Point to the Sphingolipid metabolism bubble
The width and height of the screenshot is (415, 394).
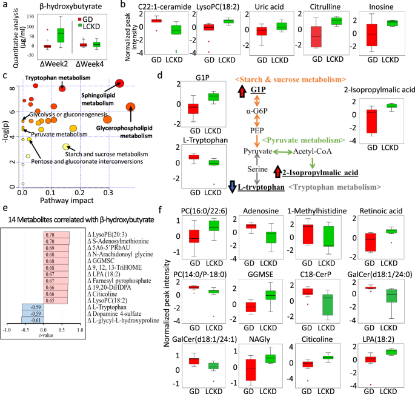point(120,84)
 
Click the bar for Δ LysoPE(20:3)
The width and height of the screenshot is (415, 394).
point(56,233)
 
